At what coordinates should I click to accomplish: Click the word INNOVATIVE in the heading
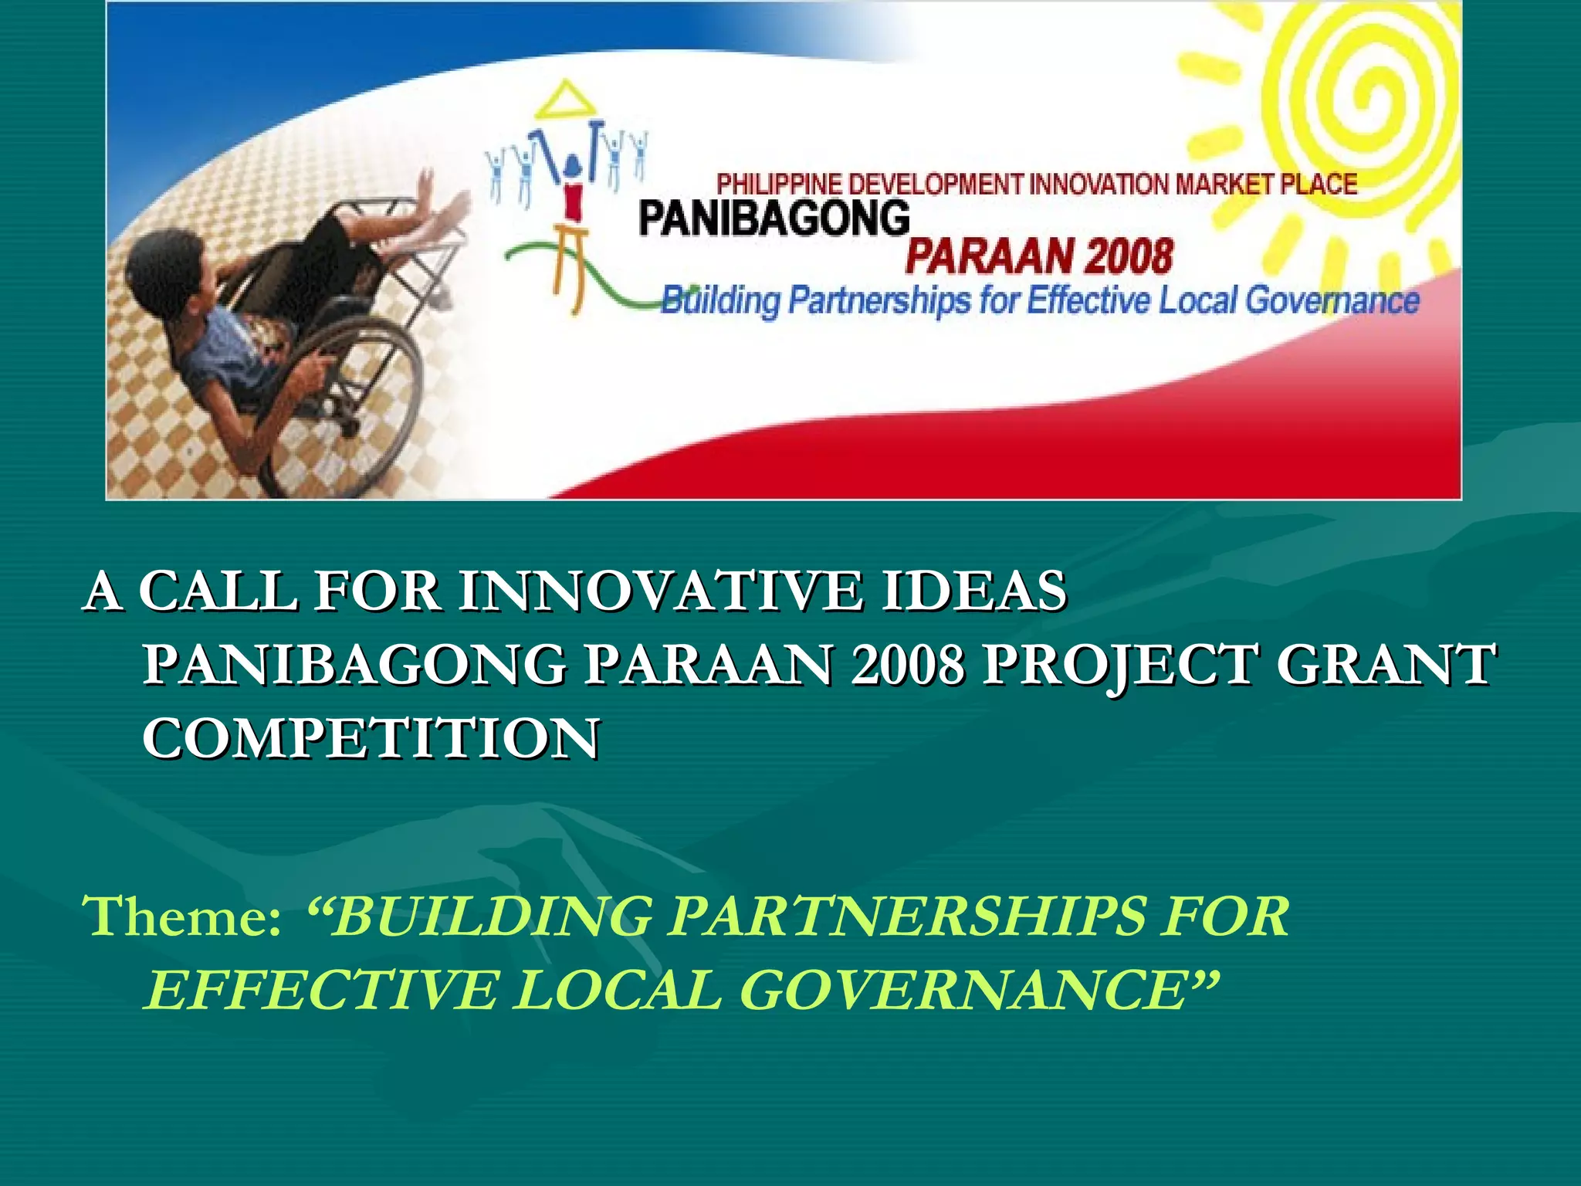pos(660,591)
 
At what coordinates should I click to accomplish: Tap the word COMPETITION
pos(371,738)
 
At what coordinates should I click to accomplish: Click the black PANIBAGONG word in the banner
pos(774,219)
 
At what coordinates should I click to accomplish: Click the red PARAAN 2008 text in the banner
pos(1039,256)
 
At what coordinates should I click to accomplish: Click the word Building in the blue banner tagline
pos(721,301)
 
